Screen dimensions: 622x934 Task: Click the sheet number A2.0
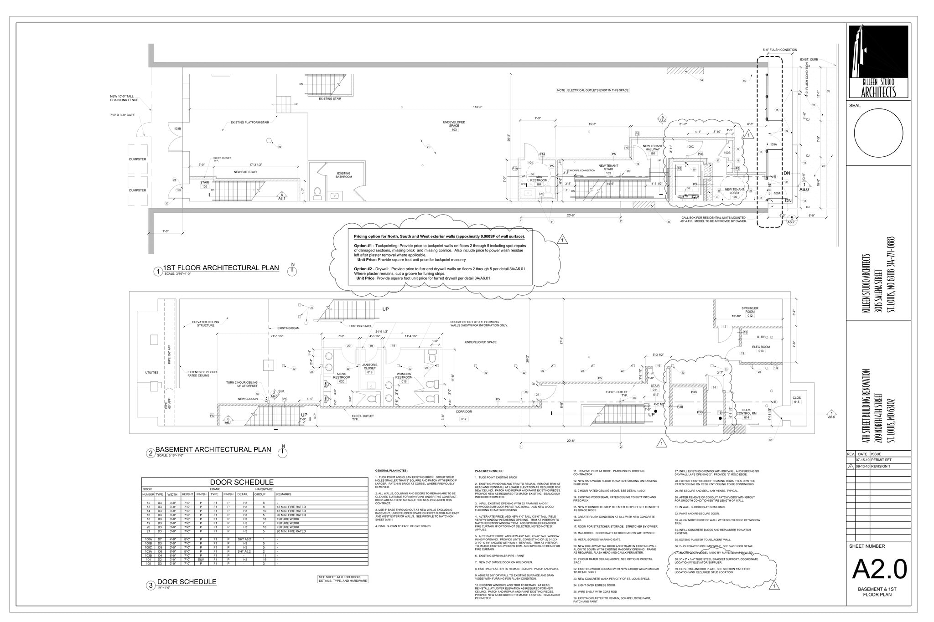879,569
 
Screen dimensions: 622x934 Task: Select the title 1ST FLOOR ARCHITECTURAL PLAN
221,268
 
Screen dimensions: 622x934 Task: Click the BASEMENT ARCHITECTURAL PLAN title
213,450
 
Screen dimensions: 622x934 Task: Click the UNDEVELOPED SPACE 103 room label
454,125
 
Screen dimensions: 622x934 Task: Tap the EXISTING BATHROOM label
343,175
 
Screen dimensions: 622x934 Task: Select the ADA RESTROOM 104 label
539,180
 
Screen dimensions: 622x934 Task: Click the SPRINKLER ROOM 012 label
749,311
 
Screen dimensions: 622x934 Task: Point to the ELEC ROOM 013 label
761,349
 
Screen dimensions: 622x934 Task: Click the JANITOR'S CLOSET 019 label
369,368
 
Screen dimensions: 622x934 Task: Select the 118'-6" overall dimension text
477,107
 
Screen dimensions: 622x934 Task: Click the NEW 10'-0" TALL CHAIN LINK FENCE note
122,98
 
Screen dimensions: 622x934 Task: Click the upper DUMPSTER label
137,159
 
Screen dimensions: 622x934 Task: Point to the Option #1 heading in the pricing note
363,246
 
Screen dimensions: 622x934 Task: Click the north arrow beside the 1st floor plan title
293,271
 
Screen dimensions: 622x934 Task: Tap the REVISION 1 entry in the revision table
880,467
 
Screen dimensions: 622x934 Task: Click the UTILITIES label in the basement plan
152,372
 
